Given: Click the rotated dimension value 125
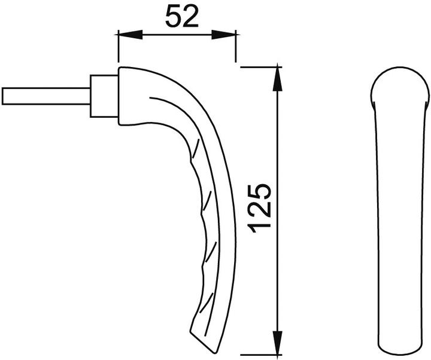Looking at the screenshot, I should (259, 208).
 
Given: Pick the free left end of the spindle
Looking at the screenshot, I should (4, 96).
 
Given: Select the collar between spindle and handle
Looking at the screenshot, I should (102, 96).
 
